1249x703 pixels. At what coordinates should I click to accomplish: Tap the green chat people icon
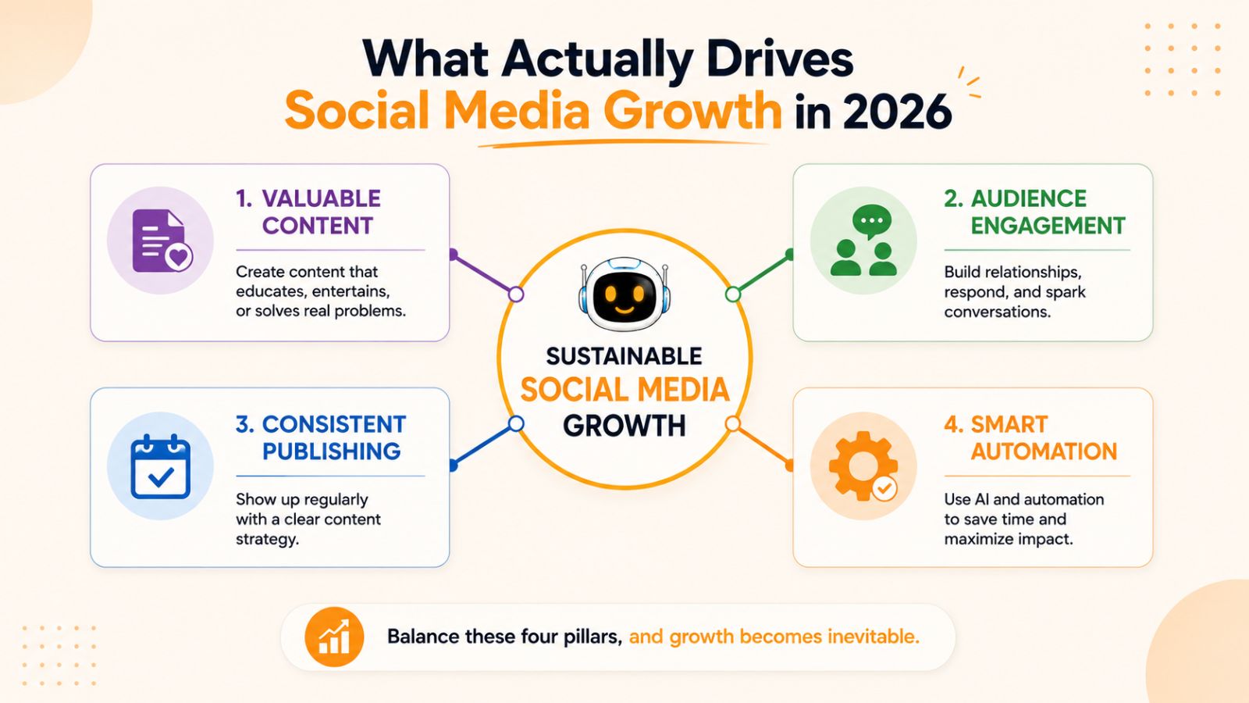coord(863,241)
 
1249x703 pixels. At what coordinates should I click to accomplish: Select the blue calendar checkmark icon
coord(161,466)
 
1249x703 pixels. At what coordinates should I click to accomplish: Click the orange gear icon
coord(863,466)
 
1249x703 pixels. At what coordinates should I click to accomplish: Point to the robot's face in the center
coord(624,294)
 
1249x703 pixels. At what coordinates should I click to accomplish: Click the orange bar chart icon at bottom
coord(334,637)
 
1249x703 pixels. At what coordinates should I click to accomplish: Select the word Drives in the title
coord(780,59)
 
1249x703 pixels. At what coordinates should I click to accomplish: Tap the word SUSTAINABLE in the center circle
coord(624,356)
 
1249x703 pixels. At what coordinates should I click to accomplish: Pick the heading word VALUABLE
coord(321,198)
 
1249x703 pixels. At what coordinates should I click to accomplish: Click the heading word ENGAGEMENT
coord(1048,226)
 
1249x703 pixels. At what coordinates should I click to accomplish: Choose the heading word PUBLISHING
coord(331,451)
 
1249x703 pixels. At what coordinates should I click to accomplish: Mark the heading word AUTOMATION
coord(1044,451)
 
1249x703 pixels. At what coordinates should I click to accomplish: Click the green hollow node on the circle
coord(733,294)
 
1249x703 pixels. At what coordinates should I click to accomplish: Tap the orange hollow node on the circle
coord(733,424)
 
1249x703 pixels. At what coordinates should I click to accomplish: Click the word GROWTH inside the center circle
coord(624,426)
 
